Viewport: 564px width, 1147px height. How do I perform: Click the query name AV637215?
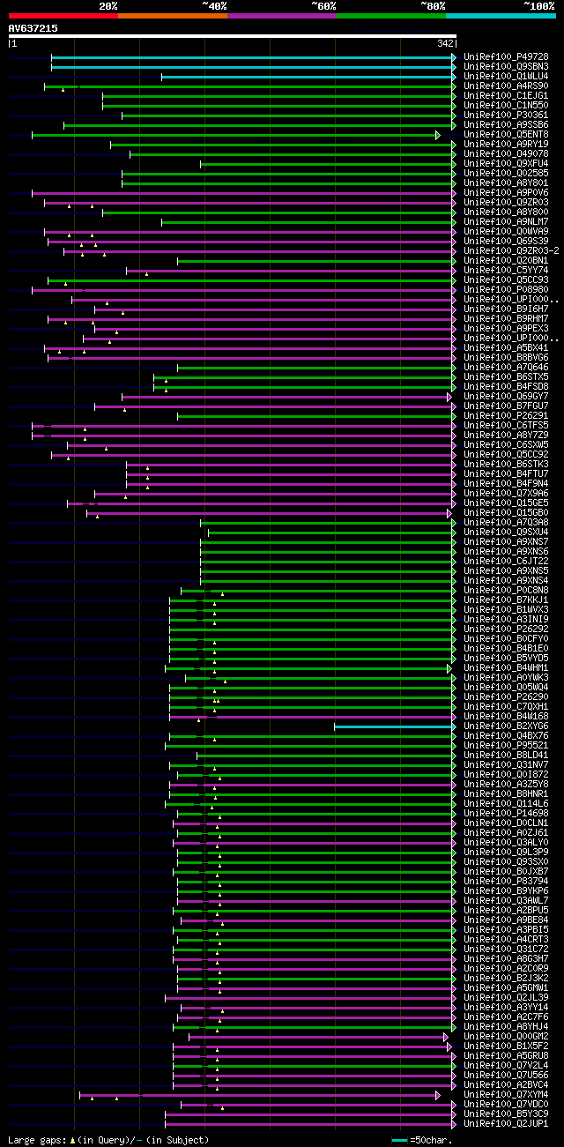point(33,28)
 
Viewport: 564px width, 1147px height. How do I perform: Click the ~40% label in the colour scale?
point(214,6)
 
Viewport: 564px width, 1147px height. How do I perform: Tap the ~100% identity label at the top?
point(539,6)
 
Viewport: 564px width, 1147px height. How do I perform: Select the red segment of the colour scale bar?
point(63,16)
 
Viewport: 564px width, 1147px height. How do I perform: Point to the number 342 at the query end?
point(445,43)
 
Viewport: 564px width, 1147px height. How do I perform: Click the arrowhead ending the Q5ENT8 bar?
point(437,135)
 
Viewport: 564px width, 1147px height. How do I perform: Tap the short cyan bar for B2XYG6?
point(392,726)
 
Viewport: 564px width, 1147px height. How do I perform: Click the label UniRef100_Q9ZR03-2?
point(511,250)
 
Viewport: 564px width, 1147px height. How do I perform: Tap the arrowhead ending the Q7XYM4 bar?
point(437,1095)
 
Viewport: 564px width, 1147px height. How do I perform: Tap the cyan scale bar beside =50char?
point(399,1140)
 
